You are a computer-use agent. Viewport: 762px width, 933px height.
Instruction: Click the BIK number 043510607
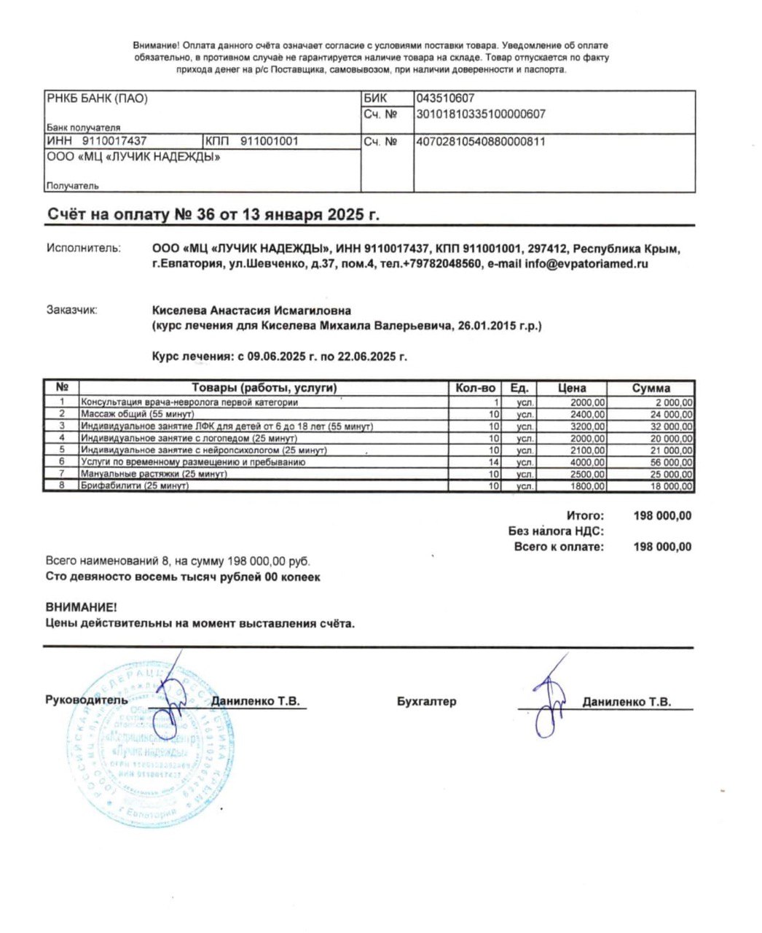[444, 98]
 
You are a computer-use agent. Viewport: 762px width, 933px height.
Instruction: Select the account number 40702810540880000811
[480, 141]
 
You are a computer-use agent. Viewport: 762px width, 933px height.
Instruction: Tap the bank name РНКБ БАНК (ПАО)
[97, 98]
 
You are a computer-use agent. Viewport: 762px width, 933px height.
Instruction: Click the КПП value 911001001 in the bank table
[269, 141]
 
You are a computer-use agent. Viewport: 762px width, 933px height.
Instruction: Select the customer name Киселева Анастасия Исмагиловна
[251, 311]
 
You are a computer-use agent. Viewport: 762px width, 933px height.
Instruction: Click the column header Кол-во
[475, 388]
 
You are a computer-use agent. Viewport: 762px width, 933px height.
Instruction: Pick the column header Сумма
[651, 388]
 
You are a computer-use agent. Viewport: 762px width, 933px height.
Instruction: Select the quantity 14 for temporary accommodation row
[493, 462]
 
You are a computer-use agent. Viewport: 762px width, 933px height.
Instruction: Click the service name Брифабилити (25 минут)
[135, 486]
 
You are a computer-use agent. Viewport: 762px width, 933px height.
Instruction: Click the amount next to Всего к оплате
[662, 547]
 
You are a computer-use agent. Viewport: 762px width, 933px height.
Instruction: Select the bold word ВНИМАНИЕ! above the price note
[80, 606]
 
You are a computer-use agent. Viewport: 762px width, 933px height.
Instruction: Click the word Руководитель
[86, 700]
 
